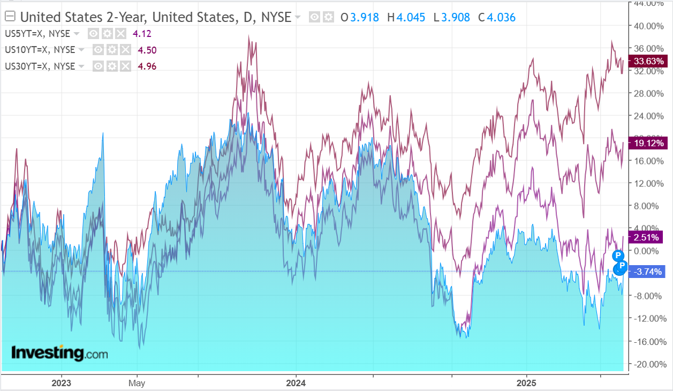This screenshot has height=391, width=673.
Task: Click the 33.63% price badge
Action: pos(649,61)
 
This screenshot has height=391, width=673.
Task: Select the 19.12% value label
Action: pos(649,143)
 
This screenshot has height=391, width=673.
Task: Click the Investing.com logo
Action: pos(59,354)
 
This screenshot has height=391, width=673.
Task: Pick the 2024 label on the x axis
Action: pos(296,383)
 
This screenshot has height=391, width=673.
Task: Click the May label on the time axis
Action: pos(137,383)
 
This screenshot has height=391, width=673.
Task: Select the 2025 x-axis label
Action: pos(526,383)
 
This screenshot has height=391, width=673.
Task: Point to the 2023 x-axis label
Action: pos(61,383)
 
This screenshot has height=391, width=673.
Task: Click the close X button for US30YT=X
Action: pos(125,66)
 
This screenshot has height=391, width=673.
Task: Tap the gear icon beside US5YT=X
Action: pos(107,34)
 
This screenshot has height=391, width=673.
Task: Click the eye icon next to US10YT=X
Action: pos(98,50)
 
